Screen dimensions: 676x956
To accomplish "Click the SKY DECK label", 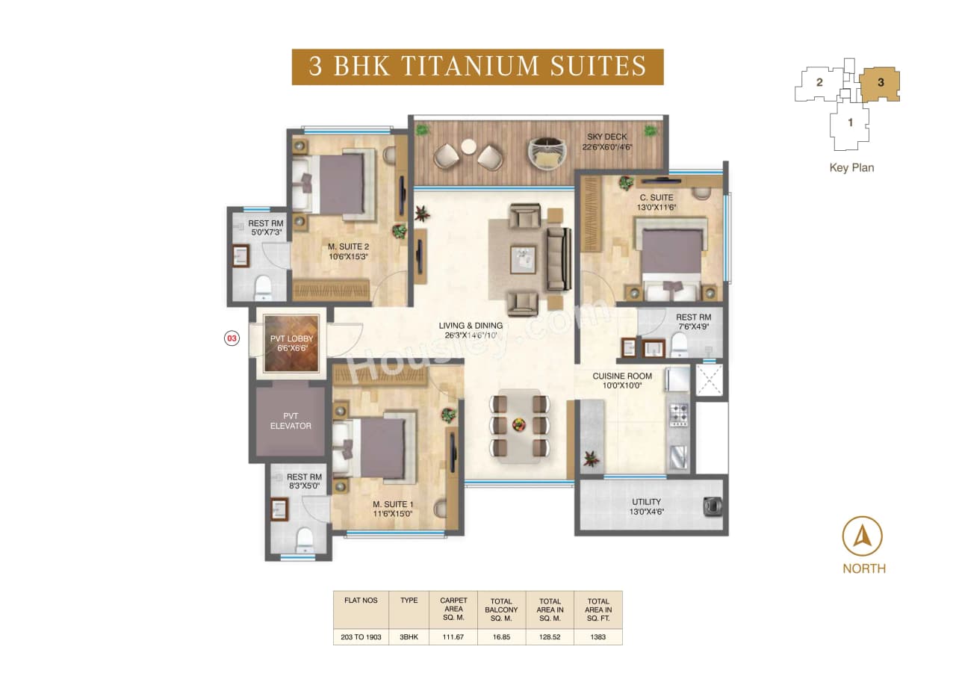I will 607,137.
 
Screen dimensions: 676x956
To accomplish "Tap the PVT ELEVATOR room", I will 287,420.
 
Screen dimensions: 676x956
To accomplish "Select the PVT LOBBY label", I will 291,339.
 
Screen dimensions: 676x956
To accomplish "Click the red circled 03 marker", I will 232,338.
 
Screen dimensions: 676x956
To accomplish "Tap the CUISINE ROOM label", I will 621,376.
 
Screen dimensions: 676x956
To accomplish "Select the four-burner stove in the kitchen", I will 679,415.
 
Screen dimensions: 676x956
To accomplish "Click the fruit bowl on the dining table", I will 518,425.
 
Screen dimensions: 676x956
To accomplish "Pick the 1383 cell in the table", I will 597,637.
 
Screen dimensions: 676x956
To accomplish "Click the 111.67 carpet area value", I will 453,637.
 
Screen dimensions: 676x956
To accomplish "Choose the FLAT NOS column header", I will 361,601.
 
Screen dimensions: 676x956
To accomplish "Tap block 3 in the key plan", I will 881,83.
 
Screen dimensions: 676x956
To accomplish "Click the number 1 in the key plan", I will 850,123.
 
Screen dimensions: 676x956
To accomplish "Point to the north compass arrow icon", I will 863,536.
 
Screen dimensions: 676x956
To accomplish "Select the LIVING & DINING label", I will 471,326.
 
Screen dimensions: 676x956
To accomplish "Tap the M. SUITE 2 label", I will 348,247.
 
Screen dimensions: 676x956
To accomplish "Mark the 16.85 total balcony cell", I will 501,637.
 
